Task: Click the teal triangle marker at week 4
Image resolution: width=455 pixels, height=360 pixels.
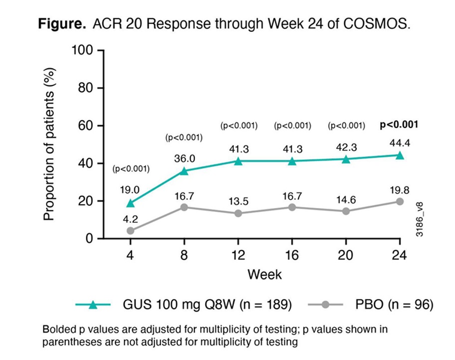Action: pyautogui.click(x=130, y=203)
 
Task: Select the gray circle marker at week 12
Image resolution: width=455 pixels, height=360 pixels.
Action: pyautogui.click(x=238, y=213)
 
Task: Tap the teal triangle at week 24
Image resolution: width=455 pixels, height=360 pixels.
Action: pyautogui.click(x=400, y=155)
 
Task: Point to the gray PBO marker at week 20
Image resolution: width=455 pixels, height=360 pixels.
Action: pyautogui.click(x=346, y=211)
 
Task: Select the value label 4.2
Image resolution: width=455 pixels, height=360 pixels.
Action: pyautogui.click(x=130, y=217)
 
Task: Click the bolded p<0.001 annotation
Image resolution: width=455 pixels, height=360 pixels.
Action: pyautogui.click(x=399, y=125)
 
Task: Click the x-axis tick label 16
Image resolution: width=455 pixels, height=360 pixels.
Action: pyautogui.click(x=292, y=255)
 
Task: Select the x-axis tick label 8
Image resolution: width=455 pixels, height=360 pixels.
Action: pyautogui.click(x=184, y=255)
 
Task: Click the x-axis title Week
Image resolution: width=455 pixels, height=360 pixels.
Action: pyautogui.click(x=265, y=274)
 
